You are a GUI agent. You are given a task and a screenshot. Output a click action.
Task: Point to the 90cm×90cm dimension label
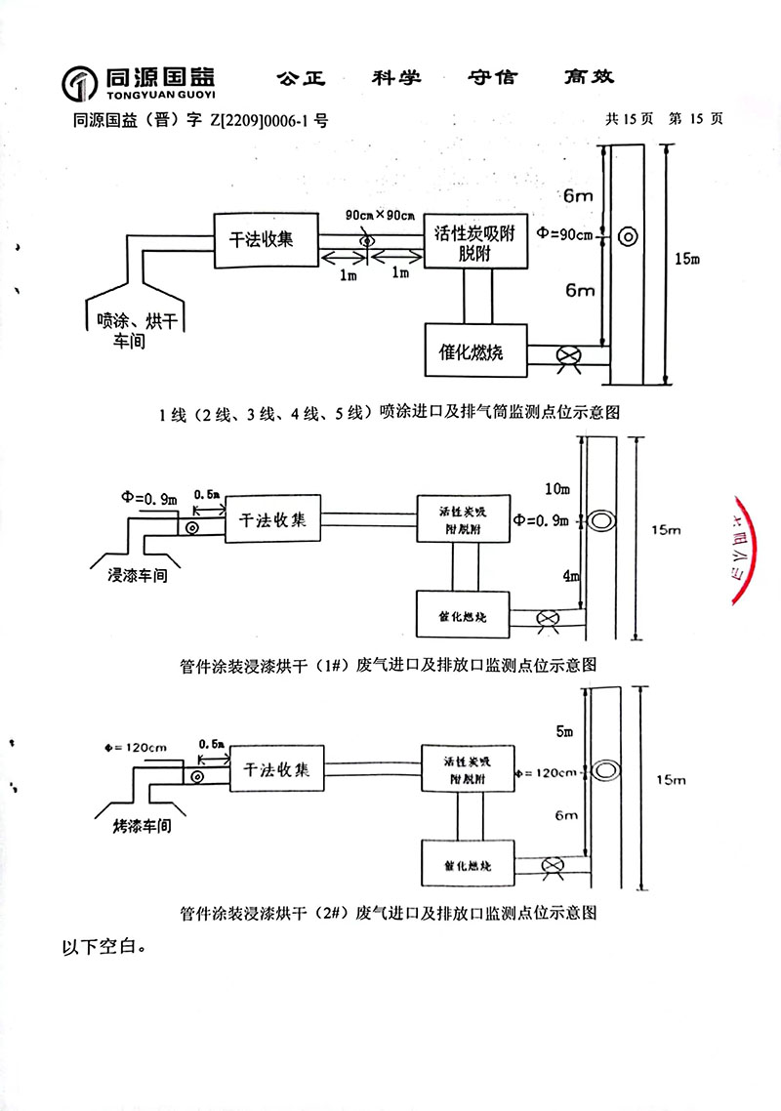(x=381, y=215)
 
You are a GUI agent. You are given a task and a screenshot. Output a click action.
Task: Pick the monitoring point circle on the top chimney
(x=626, y=235)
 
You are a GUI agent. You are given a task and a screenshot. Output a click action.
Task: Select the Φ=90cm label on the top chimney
(x=565, y=234)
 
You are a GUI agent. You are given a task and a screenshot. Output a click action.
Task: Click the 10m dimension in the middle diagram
(x=556, y=486)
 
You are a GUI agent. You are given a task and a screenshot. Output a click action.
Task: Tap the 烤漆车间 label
(x=137, y=825)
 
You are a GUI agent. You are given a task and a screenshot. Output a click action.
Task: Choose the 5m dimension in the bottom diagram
(x=558, y=729)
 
